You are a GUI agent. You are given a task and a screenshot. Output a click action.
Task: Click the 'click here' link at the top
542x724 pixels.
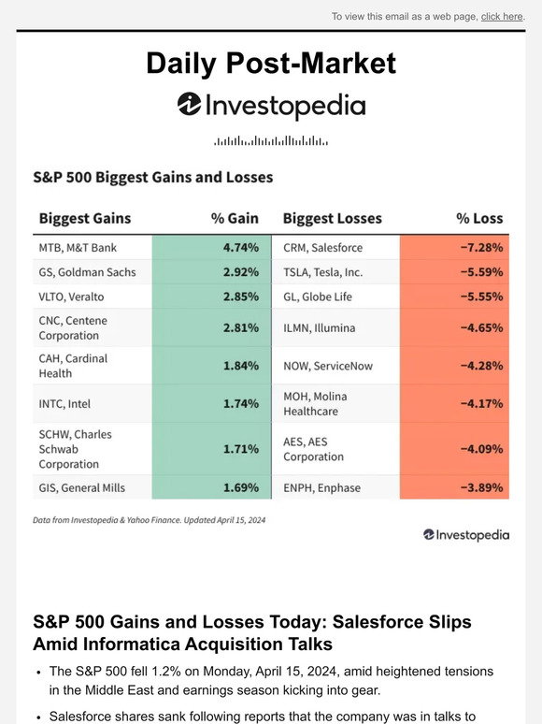tap(502, 17)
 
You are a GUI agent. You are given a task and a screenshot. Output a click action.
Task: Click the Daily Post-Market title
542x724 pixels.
tap(271, 64)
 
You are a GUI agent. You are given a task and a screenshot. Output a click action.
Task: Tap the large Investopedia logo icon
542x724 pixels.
tap(189, 104)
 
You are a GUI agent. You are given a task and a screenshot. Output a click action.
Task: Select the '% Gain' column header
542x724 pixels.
tap(235, 218)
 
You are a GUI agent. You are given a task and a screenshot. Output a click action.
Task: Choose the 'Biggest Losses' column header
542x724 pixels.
tap(332, 218)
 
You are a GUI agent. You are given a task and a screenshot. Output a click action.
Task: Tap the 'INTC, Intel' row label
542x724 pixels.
tap(64, 403)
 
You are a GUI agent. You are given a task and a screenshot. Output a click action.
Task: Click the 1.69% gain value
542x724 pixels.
tap(241, 487)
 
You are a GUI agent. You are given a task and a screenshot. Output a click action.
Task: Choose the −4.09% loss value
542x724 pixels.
tap(481, 449)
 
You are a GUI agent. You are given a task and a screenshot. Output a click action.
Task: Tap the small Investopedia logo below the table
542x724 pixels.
tap(466, 535)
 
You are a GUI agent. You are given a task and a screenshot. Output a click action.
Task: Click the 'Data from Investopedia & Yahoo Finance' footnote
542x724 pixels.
tap(149, 520)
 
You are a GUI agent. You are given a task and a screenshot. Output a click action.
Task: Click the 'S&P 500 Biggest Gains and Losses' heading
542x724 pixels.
tap(152, 177)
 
